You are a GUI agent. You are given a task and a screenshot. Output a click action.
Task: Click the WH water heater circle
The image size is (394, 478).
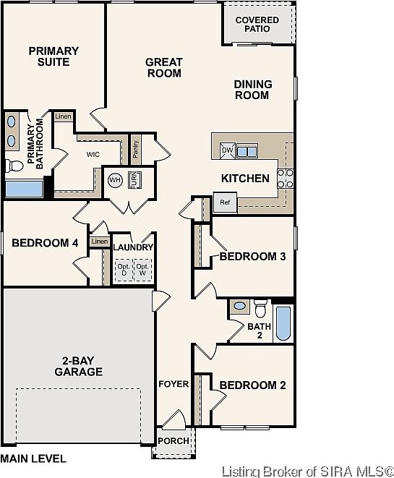coord(115,180)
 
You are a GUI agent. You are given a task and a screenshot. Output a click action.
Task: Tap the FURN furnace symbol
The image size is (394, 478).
coord(134,180)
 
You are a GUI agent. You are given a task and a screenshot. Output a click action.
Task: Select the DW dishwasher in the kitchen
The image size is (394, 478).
coord(228,150)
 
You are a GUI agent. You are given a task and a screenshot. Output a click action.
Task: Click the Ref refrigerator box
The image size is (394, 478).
coord(225,202)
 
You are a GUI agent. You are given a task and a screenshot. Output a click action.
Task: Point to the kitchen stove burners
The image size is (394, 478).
coord(286,179)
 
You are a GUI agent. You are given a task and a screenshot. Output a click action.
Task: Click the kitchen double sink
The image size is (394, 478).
coord(247,151)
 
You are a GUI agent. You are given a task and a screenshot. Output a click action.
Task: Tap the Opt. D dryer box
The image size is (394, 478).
coord(124,270)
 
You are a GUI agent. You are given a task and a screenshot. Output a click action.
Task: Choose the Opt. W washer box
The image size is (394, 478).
coord(142,270)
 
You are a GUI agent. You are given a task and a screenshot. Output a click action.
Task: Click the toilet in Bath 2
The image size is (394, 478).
coord(260,308)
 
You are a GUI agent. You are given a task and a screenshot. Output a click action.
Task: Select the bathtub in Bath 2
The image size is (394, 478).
coord(283,323)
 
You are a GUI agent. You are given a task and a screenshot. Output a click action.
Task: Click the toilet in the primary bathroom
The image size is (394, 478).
coord(14,166)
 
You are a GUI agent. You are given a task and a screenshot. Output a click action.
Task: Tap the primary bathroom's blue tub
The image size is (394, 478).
coord(24,189)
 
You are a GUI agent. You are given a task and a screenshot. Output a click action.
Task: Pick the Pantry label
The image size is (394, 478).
coord(136,149)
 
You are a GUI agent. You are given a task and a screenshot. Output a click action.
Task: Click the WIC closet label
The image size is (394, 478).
coord(93,155)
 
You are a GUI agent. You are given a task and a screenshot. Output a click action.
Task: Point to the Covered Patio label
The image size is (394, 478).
coord(257,25)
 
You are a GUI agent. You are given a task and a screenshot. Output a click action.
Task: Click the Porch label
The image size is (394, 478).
coord(174,441)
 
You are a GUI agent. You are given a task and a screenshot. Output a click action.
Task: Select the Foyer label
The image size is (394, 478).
coord(174,384)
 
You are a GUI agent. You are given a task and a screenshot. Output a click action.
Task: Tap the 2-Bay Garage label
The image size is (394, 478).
coord(79,366)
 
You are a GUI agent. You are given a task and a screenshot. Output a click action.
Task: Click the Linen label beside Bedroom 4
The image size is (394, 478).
coord(100,242)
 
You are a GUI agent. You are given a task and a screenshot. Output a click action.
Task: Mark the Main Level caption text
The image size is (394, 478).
coord(33,458)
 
